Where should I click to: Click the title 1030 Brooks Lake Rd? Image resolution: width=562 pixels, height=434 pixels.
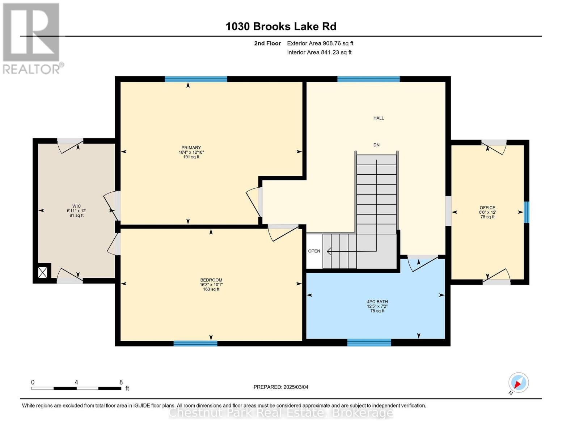click(281, 26)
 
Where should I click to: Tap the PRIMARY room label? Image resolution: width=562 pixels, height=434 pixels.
click(191, 148)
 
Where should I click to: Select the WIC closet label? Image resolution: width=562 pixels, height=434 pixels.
click(77, 206)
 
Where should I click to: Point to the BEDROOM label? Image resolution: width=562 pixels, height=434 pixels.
click(211, 280)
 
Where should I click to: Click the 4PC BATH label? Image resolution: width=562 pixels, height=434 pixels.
click(377, 302)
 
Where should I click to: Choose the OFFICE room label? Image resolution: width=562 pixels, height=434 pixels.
click(487, 208)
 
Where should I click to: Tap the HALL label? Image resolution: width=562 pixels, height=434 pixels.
click(379, 118)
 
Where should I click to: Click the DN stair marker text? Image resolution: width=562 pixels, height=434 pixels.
click(377, 145)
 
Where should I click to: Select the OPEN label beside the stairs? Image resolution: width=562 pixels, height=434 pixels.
click(314, 251)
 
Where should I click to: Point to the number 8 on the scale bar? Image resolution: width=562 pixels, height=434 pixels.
click(121, 382)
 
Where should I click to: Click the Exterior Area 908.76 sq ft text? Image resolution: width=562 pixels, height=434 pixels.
click(320, 43)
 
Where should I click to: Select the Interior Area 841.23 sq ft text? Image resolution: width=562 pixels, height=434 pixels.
click(320, 52)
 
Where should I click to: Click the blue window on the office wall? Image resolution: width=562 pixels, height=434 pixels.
click(527, 212)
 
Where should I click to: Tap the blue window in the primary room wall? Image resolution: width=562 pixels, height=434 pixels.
click(196, 79)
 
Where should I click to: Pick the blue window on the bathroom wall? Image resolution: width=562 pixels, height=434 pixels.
click(369, 342)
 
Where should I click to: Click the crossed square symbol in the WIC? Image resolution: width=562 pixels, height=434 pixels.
click(43, 272)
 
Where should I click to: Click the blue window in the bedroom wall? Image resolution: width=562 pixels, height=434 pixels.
click(195, 343)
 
